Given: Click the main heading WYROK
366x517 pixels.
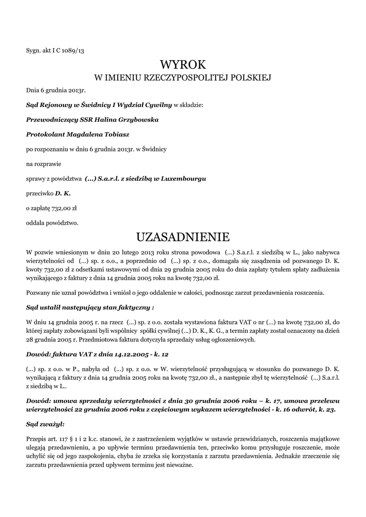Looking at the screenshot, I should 183,65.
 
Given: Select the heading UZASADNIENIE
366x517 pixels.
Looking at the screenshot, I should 183,236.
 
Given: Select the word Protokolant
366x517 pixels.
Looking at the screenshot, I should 44,135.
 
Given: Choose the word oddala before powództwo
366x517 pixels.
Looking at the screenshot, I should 36,222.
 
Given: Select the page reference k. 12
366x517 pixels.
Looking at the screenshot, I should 161,354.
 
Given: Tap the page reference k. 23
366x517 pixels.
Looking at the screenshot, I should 327,409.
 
